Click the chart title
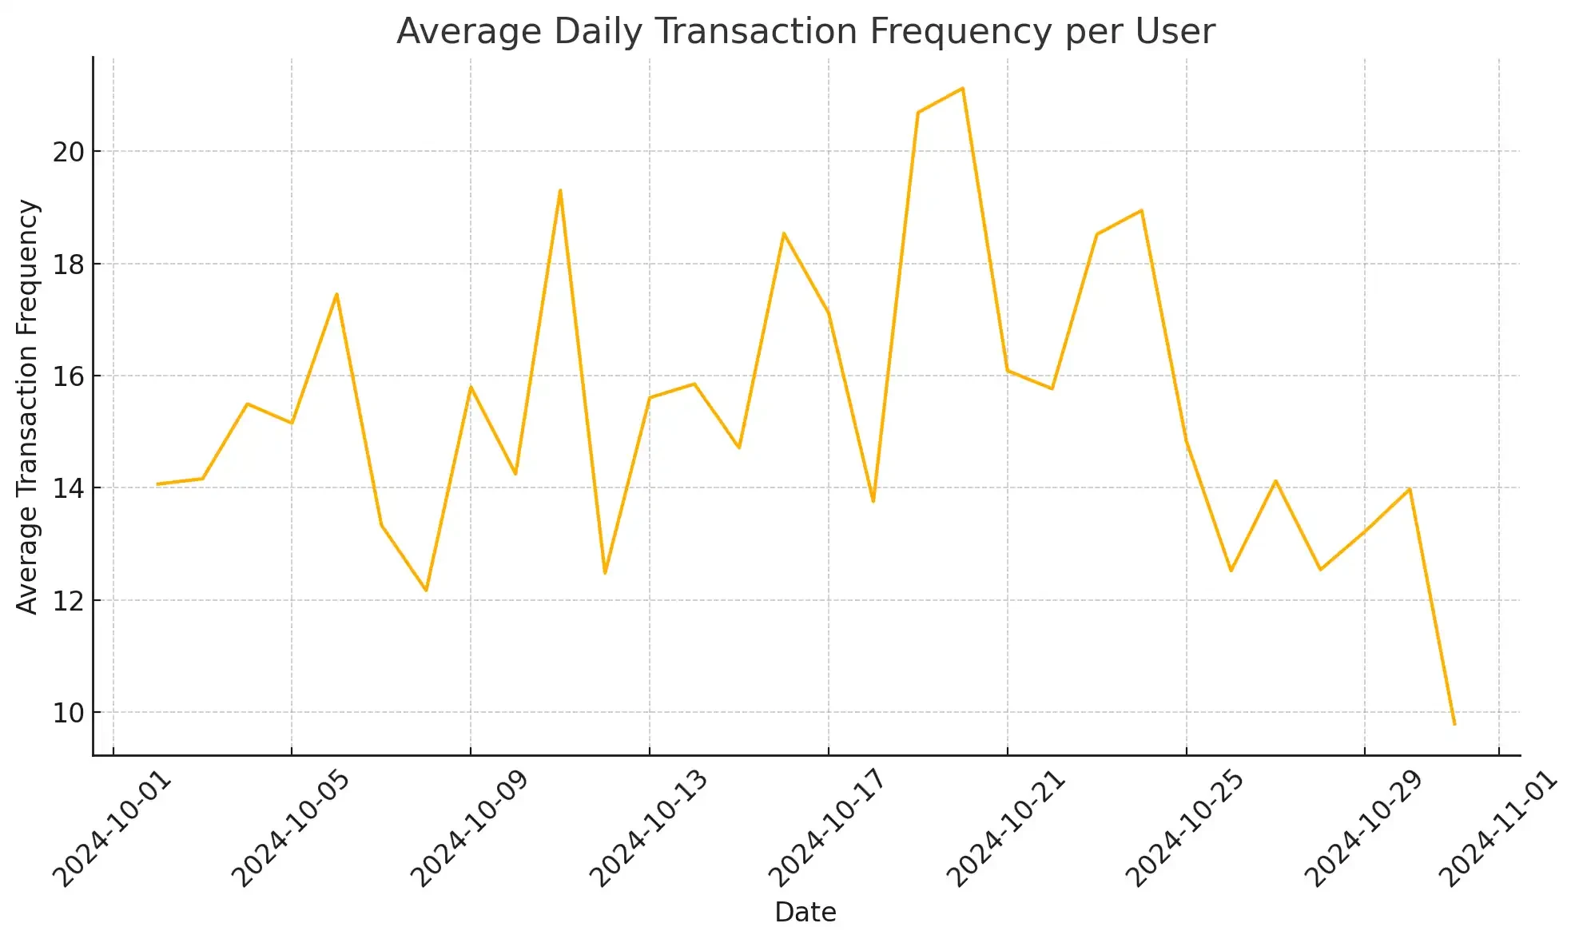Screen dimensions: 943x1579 805,32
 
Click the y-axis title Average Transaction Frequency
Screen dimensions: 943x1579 27,407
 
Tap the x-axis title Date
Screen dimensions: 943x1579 805,912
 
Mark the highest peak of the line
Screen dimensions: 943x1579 963,88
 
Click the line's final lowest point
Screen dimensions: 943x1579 1454,724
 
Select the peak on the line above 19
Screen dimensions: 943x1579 560,190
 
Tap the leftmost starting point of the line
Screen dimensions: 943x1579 157,483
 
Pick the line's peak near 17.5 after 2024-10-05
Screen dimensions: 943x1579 336,294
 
